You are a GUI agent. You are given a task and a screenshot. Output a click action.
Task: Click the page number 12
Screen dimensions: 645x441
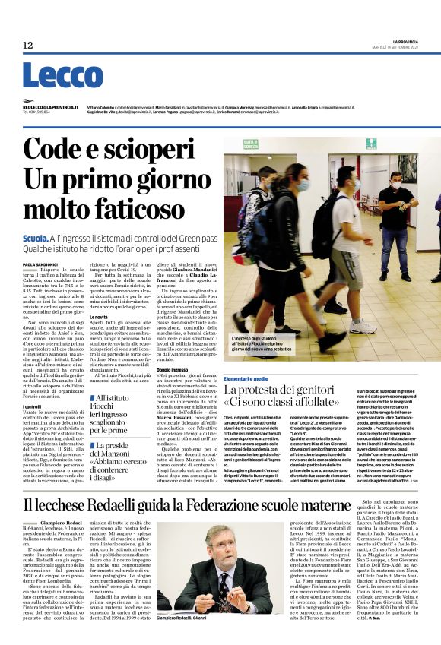tap(28, 46)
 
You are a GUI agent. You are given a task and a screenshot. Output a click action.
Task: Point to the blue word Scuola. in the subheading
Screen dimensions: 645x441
tap(36, 239)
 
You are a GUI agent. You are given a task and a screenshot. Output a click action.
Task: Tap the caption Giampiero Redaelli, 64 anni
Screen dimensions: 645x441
tap(186, 620)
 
